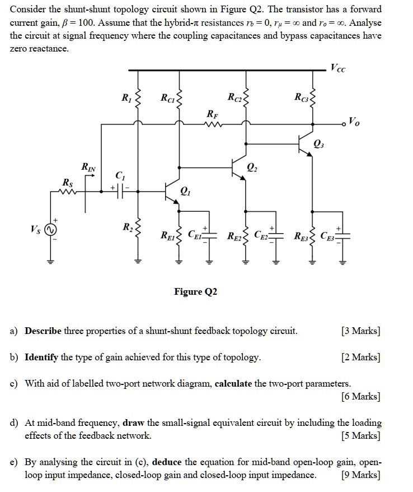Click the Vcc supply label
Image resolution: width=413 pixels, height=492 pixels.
338,69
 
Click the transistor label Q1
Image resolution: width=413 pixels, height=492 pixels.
185,192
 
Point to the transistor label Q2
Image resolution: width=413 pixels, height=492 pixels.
252,166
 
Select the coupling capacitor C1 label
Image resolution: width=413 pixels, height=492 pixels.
120,175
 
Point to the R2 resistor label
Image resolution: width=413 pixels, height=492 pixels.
128,227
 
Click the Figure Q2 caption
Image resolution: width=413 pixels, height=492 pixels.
195,292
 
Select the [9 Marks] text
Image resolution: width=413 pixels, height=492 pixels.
360,476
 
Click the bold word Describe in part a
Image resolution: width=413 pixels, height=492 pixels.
43,331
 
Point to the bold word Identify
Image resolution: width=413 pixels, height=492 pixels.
41,357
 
